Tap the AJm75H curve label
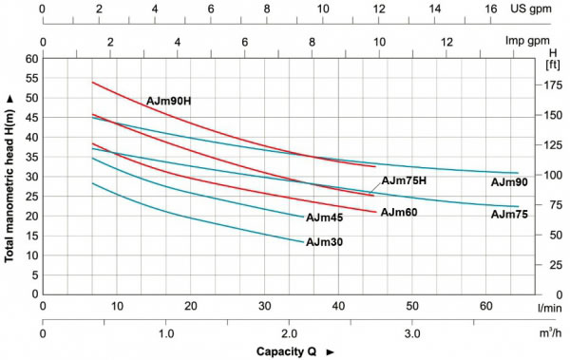(404, 180)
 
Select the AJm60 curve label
(400, 212)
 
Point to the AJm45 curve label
(324, 218)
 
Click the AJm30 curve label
(324, 242)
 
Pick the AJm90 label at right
(509, 181)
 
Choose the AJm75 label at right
(509, 215)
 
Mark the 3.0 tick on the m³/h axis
(412, 335)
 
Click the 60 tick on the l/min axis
(486, 307)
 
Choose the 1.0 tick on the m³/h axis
(165, 335)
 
